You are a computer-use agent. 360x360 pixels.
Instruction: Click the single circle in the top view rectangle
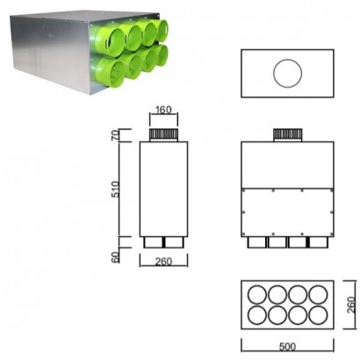pos(286,75)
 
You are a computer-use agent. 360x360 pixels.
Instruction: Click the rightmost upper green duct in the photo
pos(173,33)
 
